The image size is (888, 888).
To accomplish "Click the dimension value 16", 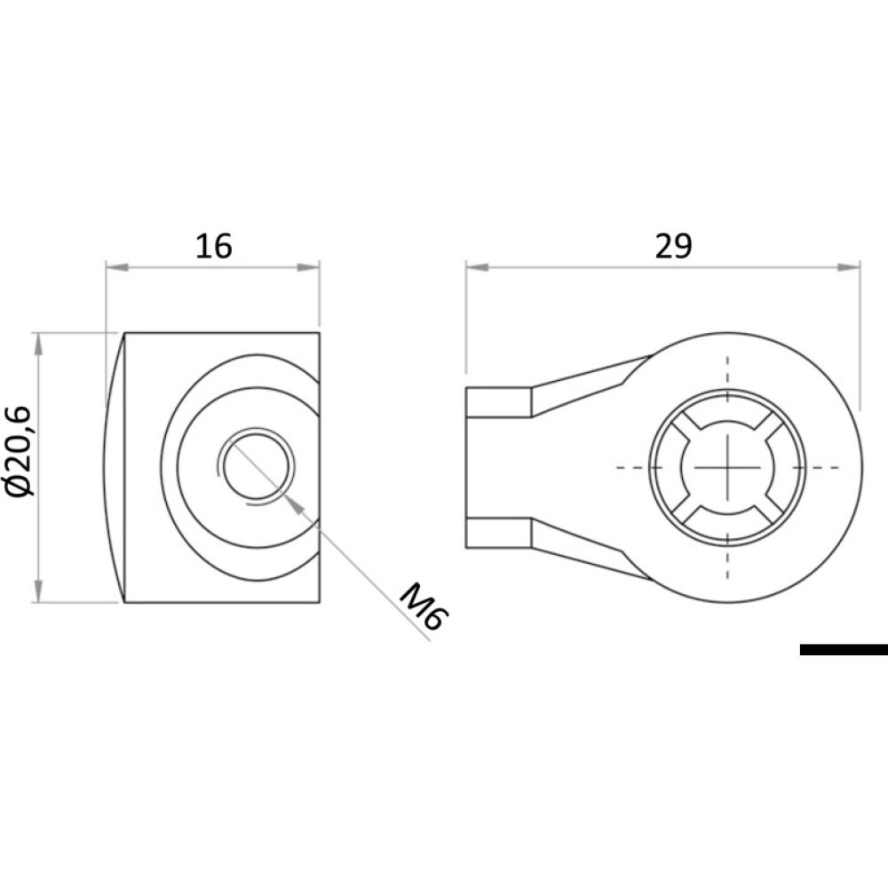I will (x=213, y=245).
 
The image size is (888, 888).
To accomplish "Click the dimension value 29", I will (x=672, y=246).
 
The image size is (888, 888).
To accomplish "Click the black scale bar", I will (x=843, y=650).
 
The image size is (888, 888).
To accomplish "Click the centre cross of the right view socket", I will (x=726, y=466).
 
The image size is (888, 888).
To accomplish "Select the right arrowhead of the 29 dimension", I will (x=850, y=266).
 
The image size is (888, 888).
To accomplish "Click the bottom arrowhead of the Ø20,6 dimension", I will (x=37, y=592).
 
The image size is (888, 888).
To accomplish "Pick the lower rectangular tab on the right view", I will (x=499, y=531).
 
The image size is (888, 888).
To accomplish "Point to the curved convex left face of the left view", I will (x=113, y=466).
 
